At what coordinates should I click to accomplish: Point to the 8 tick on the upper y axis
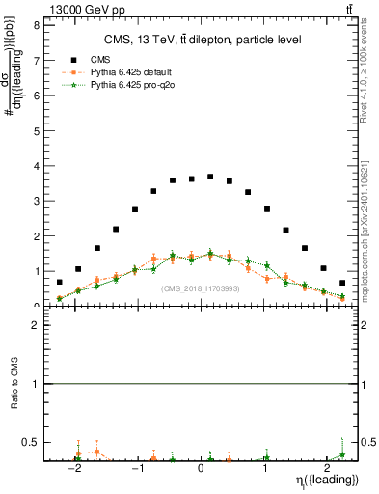point(36,24)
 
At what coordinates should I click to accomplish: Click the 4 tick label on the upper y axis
point(36,165)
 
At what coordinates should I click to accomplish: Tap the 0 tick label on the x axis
point(201,469)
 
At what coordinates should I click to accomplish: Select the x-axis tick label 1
point(265,469)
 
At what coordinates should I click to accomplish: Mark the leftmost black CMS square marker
point(60,283)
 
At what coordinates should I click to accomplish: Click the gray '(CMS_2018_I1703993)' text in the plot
point(201,288)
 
